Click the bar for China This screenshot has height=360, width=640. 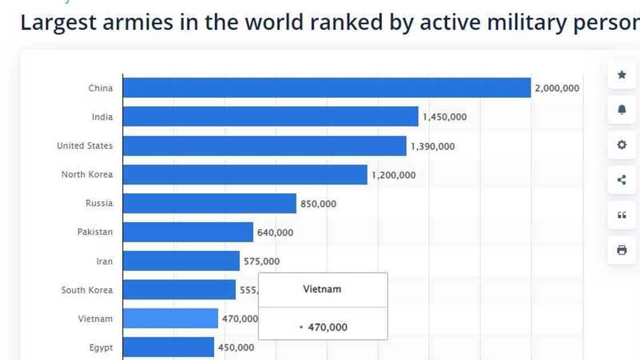(326, 88)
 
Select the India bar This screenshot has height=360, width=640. (270, 117)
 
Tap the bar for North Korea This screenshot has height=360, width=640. (245, 175)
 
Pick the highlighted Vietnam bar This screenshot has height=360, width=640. (170, 318)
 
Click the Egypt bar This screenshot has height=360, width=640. (168, 347)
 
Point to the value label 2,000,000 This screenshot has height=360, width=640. (557, 89)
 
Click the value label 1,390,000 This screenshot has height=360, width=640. (433, 146)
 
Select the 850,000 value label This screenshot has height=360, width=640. (318, 204)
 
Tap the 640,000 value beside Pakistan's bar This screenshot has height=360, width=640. (275, 233)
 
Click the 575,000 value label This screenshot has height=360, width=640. (262, 262)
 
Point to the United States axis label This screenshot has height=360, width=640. (85, 146)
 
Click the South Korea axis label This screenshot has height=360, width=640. (87, 290)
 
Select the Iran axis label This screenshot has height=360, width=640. (104, 262)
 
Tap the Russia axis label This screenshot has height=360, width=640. (99, 203)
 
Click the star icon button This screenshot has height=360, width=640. (622, 75)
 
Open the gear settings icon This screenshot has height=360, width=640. (622, 145)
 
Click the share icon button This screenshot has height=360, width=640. (622, 180)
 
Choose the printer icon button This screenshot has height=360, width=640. (622, 250)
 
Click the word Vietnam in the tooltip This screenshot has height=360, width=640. (322, 289)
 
